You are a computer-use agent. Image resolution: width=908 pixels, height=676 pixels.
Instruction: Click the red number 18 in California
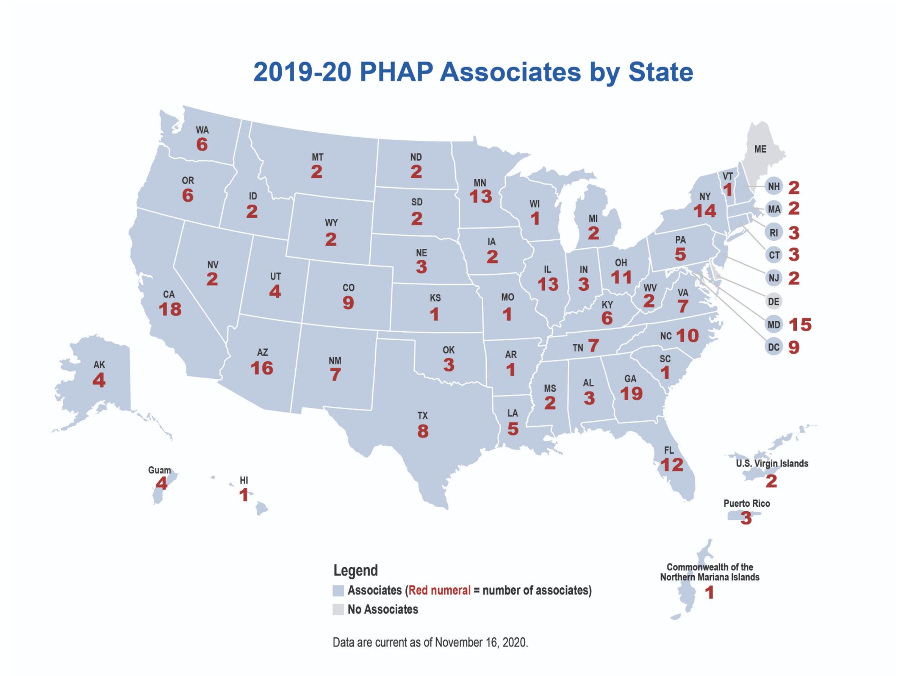click(x=170, y=309)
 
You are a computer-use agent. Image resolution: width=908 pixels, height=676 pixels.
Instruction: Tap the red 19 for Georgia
click(x=631, y=394)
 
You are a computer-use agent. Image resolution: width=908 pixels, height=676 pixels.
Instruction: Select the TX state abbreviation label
click(x=423, y=415)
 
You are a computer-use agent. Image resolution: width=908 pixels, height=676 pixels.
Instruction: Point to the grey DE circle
click(x=773, y=302)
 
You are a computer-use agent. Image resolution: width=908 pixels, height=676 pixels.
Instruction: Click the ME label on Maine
click(x=760, y=149)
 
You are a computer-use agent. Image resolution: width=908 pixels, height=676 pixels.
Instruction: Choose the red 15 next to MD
click(x=800, y=324)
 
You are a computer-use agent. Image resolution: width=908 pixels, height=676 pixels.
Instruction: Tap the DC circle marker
click(x=773, y=347)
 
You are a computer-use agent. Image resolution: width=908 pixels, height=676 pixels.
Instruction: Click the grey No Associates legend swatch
click(x=338, y=609)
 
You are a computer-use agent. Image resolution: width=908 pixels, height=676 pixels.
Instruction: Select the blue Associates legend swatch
click(x=338, y=590)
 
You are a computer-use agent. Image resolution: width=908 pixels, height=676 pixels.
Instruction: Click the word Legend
click(x=355, y=571)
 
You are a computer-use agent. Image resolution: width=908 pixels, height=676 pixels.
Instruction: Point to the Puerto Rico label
click(x=746, y=503)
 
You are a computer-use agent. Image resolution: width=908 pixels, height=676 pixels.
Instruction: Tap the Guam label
click(x=159, y=470)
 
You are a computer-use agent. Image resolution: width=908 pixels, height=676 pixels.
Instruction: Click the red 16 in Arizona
click(x=262, y=369)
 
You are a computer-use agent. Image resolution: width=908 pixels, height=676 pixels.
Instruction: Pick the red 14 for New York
click(x=705, y=211)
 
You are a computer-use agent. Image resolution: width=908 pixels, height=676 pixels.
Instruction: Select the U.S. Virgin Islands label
click(x=772, y=464)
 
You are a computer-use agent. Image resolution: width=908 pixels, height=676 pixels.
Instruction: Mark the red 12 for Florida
click(x=672, y=465)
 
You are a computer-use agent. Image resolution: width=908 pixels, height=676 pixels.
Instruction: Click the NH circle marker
click(x=773, y=186)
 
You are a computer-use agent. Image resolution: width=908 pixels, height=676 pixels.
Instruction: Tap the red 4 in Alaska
click(x=99, y=380)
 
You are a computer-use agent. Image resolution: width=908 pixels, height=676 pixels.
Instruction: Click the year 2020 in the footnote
click(x=514, y=642)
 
